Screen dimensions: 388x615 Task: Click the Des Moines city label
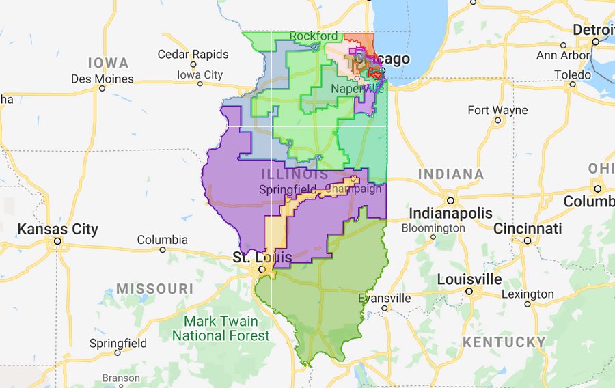coord(102,79)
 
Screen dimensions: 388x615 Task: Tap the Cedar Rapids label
coord(193,54)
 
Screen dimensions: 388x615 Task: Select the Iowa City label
coord(200,74)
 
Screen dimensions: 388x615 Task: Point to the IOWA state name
coord(108,63)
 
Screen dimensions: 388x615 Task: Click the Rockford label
coord(313,36)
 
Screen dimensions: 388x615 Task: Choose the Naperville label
coord(357,89)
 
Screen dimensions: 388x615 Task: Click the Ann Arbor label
coord(564,55)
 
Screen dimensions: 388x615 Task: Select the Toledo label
coord(573,74)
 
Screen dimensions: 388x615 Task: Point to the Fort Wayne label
coord(497,110)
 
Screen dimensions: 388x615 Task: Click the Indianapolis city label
coord(450,212)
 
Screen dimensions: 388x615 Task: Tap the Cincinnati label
coord(528,227)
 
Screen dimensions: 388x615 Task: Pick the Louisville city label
coord(469,279)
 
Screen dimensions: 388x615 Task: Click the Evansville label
coord(385,298)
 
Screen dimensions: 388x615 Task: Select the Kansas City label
coord(57,229)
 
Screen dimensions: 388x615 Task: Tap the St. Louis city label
coord(262,258)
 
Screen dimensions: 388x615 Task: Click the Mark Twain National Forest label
coord(221,328)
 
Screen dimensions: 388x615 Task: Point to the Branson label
coord(121,378)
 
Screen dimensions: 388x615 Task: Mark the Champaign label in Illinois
coord(355,189)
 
